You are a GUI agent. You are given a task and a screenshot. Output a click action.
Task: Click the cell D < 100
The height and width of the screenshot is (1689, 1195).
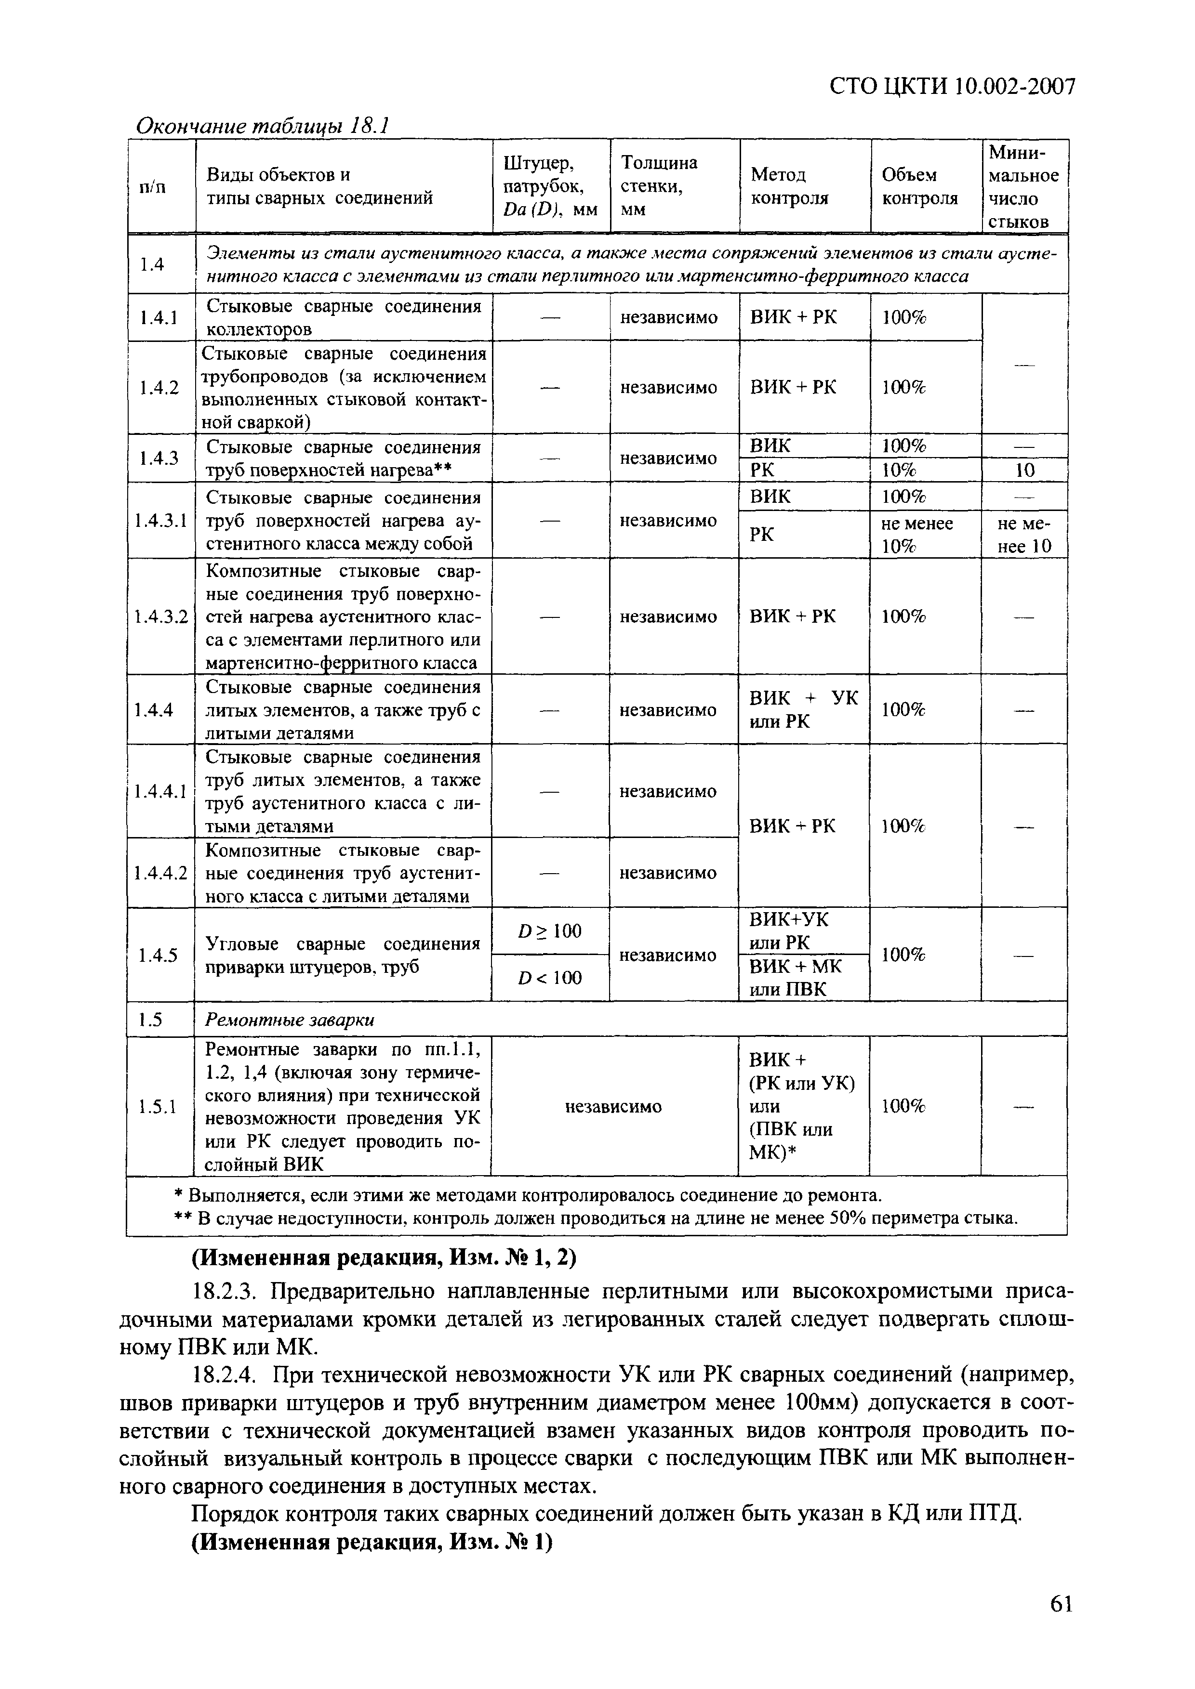pos(550,978)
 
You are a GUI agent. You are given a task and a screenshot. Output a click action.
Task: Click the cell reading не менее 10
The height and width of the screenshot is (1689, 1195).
pos(1024,535)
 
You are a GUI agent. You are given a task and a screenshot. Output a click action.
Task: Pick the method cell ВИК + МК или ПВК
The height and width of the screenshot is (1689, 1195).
pos(796,978)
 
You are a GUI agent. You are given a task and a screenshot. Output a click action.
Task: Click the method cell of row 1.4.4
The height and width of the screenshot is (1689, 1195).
pos(804,709)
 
